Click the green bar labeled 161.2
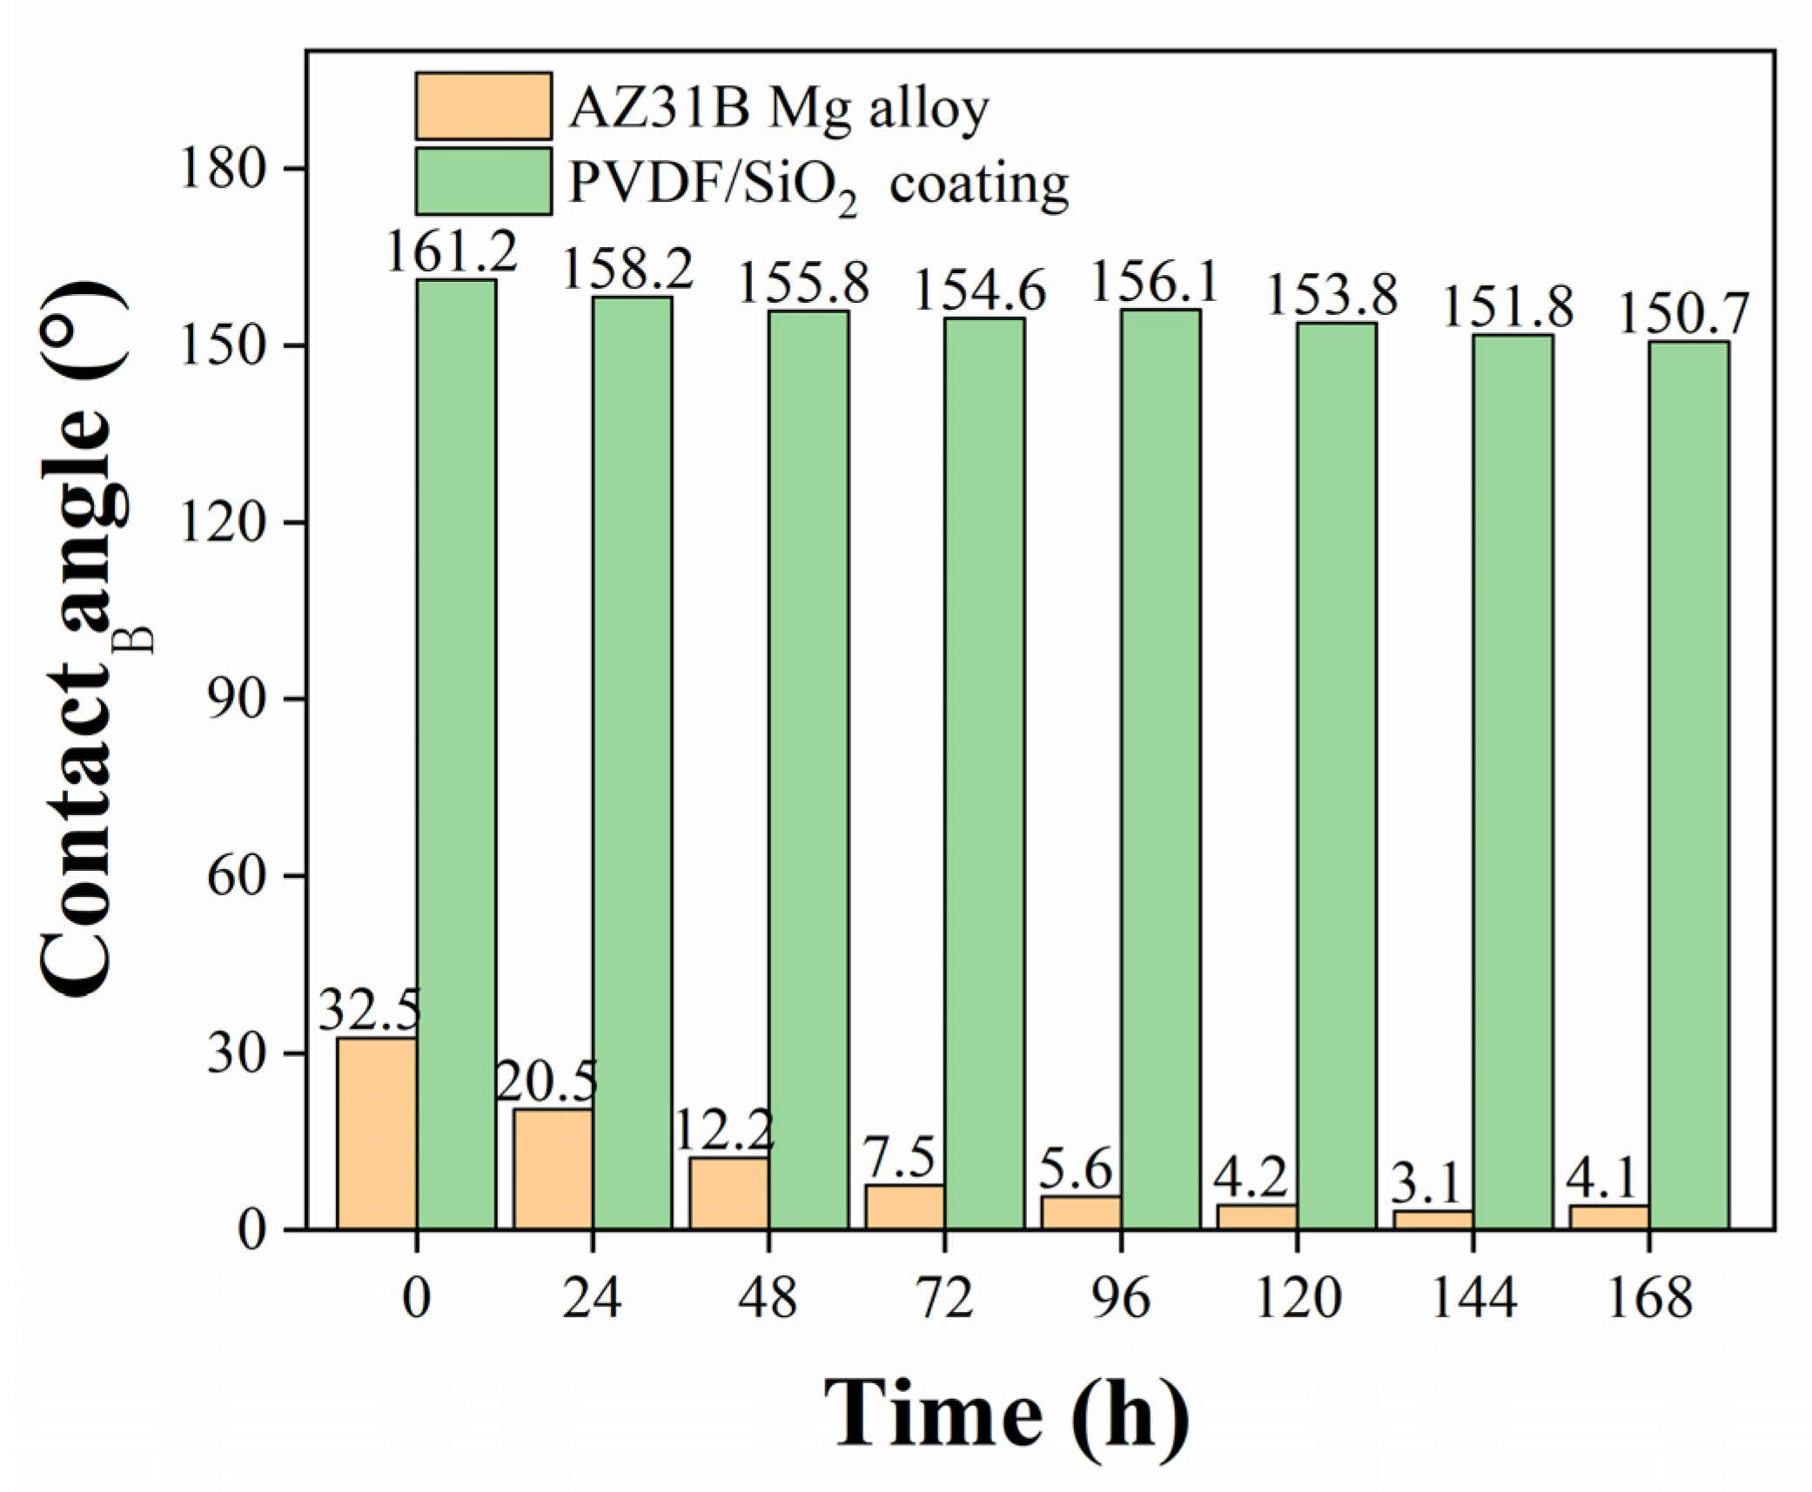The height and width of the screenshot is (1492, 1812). tap(456, 753)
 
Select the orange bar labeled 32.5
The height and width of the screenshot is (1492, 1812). tap(377, 1133)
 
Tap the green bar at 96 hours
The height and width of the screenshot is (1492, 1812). tap(1160, 769)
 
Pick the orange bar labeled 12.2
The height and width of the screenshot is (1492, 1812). tap(729, 1193)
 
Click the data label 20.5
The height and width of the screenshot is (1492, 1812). tap(547, 1083)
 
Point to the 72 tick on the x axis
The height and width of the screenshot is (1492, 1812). tap(945, 1300)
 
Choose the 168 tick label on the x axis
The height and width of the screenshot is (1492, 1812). tap(1649, 1300)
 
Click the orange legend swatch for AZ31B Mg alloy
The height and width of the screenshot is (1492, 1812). tap(483, 105)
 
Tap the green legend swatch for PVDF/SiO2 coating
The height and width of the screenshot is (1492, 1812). tap(483, 181)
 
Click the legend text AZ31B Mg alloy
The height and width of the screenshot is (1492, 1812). tap(779, 109)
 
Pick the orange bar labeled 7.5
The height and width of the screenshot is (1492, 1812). tap(905, 1207)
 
